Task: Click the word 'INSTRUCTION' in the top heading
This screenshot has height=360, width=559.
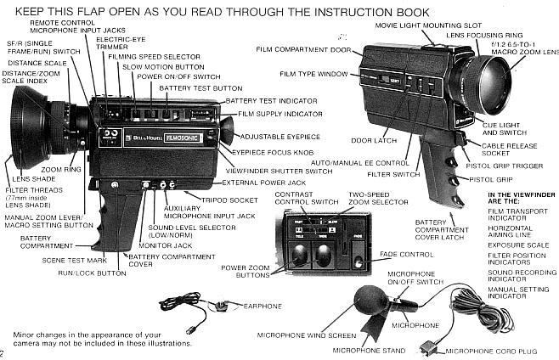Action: (x=325, y=10)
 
